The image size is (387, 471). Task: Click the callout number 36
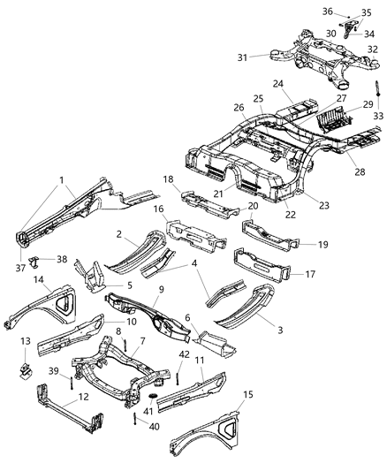[327, 11]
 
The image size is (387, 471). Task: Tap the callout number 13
[25, 340]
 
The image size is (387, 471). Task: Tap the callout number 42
[159, 355]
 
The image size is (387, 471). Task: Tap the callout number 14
[40, 279]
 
